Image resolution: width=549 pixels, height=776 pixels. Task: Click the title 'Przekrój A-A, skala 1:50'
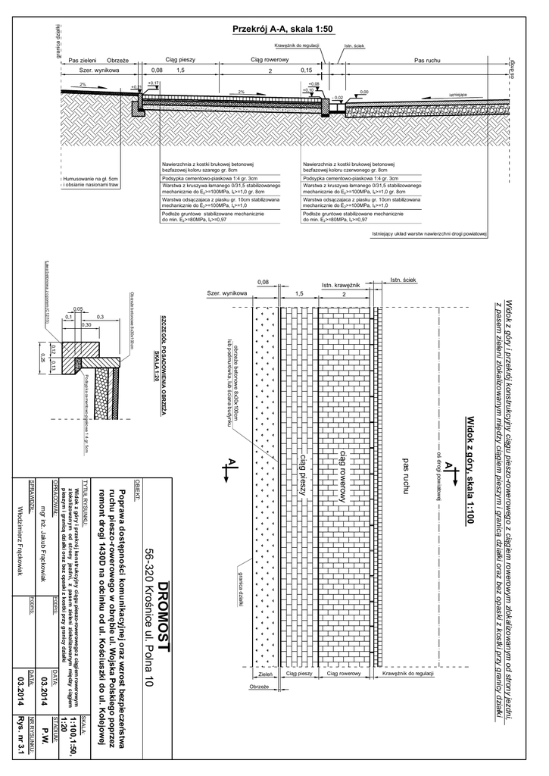click(281, 29)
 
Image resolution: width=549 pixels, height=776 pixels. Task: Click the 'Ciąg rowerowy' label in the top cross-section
click(270, 59)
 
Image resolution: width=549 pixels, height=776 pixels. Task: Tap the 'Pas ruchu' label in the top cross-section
click(429, 59)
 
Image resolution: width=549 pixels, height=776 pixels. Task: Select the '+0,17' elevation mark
click(153, 83)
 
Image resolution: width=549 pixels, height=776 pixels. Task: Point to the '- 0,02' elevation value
click(338, 98)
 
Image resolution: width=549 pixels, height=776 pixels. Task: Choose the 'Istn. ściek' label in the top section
click(354, 46)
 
